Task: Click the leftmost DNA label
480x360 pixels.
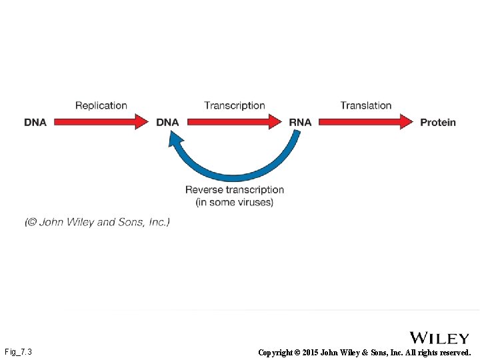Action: [35, 123]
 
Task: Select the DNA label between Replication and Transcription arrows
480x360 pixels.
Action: [167, 123]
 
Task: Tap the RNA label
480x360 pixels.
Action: [300, 123]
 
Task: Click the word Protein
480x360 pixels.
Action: [438, 123]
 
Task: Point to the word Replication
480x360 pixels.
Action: [101, 105]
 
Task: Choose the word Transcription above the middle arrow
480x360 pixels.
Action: [235, 105]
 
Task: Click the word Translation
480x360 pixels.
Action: [366, 105]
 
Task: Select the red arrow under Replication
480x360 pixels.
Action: [100, 122]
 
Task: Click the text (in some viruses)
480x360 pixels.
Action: [235, 202]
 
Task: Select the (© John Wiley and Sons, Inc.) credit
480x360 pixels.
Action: [97, 222]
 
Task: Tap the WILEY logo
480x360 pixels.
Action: [439, 339]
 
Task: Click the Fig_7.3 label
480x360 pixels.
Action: [18, 351]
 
